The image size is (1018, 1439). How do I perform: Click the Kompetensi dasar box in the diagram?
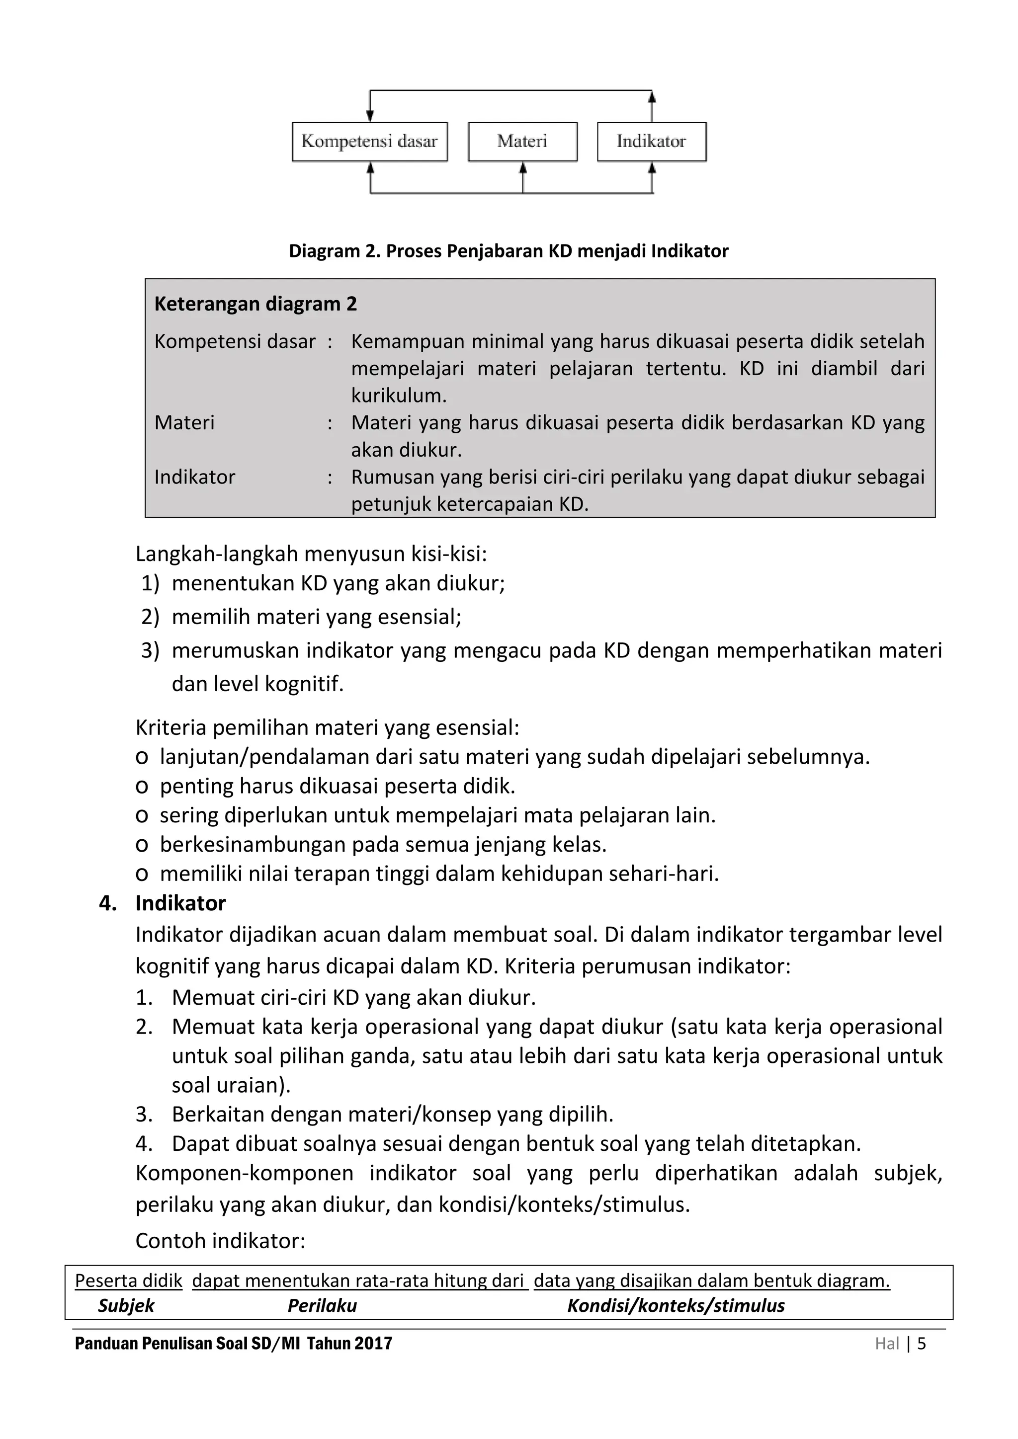(x=369, y=142)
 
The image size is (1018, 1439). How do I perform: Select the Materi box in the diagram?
(x=522, y=142)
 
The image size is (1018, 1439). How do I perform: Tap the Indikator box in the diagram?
(x=651, y=142)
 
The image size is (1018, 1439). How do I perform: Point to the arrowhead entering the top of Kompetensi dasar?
(x=370, y=117)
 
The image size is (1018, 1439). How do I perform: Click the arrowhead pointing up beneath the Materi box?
(x=523, y=167)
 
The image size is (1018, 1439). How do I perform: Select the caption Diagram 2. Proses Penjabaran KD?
(x=509, y=251)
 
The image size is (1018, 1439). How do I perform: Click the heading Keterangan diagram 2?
(x=255, y=304)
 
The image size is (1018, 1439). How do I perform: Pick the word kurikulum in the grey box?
(x=399, y=396)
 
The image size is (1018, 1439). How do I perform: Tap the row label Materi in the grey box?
(x=184, y=422)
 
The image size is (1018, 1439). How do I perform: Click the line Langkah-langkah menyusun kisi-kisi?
(x=311, y=554)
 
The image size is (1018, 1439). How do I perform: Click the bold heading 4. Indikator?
(x=163, y=903)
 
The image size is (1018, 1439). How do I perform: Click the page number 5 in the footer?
(x=921, y=1344)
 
